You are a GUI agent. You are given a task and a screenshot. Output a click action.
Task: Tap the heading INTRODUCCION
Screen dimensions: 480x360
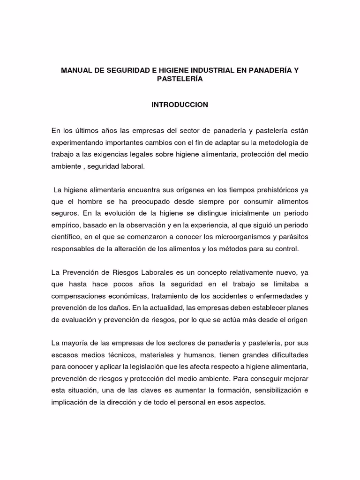click(x=180, y=105)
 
